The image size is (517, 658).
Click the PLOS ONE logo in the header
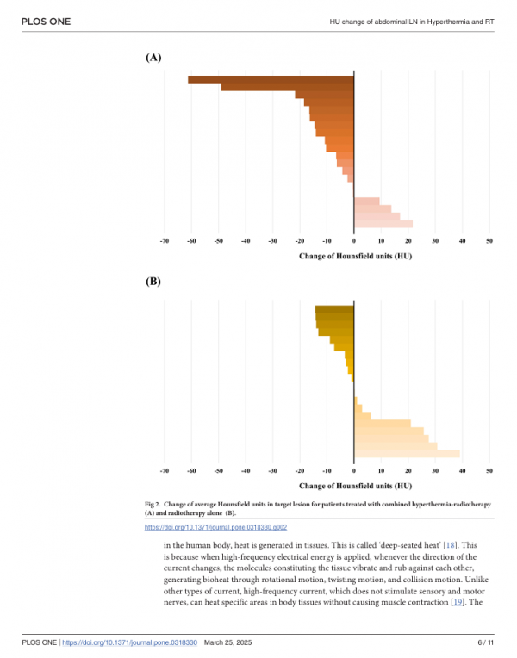click(x=46, y=22)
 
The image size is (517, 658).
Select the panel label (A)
click(x=153, y=58)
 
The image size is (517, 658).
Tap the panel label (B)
click(x=153, y=281)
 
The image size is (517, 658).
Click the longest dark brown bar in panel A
click(x=271, y=80)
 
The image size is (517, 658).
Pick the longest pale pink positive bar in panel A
click(x=383, y=224)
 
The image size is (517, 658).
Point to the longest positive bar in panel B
click(x=407, y=454)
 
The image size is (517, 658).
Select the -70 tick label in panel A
click(x=165, y=241)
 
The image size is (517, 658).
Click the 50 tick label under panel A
click(x=489, y=241)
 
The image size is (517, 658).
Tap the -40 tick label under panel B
click(x=246, y=471)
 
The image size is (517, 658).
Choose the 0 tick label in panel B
click(x=354, y=471)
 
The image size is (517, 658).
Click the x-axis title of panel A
click(x=355, y=256)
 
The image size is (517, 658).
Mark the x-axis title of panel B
click(x=355, y=486)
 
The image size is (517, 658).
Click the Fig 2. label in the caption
click(x=153, y=505)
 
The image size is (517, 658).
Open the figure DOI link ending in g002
click(x=216, y=527)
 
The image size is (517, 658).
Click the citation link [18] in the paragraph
click(x=451, y=545)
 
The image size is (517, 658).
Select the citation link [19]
click(x=457, y=602)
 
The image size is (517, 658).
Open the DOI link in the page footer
click(x=130, y=642)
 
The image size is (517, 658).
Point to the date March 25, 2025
click(x=228, y=642)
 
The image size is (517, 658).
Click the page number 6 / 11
click(x=485, y=642)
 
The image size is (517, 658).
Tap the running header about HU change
click(x=412, y=22)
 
